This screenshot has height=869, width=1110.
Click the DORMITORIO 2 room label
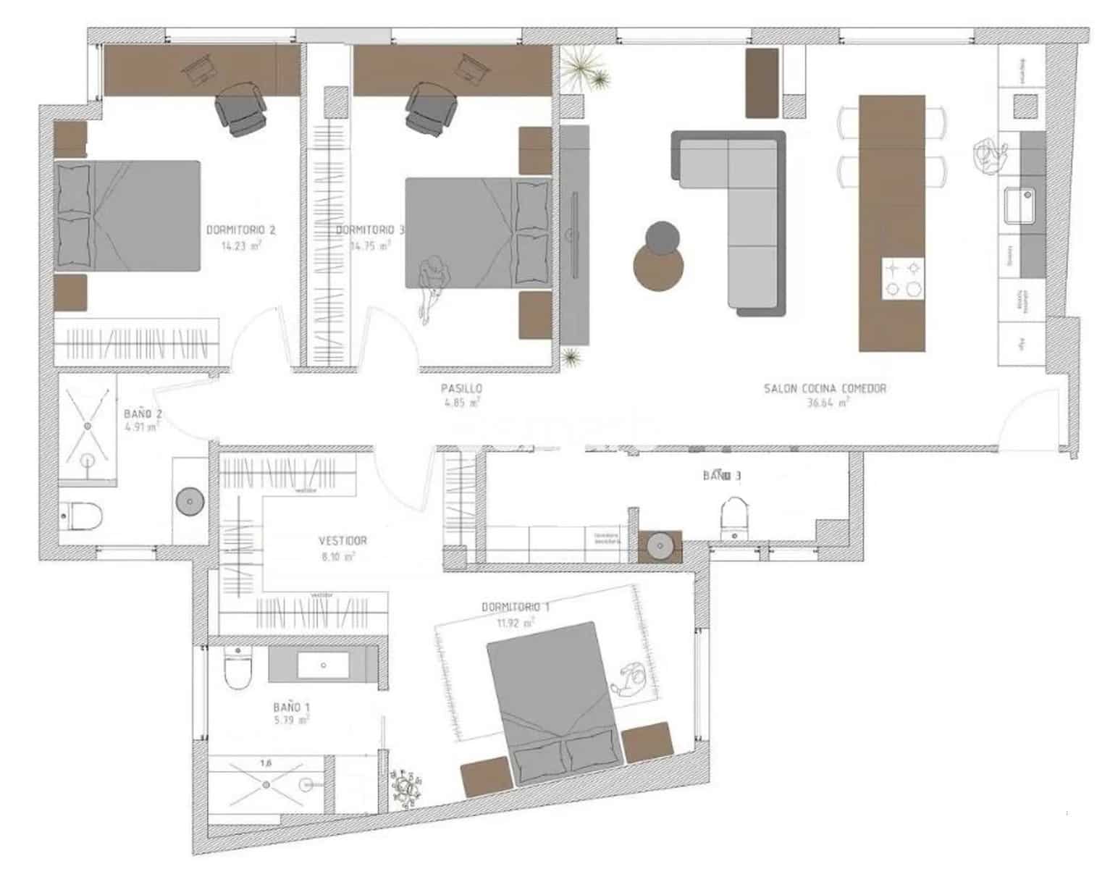click(x=240, y=230)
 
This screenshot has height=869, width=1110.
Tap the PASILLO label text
click(x=461, y=389)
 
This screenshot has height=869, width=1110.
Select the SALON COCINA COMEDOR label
click(x=825, y=389)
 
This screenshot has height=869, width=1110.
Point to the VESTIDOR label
click(x=342, y=541)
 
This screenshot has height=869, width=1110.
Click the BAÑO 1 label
click(x=292, y=706)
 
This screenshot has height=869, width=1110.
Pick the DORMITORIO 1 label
click(x=515, y=607)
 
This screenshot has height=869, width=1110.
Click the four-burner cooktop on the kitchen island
click(x=904, y=279)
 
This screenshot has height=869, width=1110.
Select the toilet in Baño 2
click(x=83, y=516)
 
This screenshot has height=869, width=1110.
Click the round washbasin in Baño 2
click(x=190, y=500)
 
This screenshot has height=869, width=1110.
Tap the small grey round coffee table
click(x=662, y=237)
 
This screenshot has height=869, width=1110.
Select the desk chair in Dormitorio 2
click(x=241, y=108)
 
